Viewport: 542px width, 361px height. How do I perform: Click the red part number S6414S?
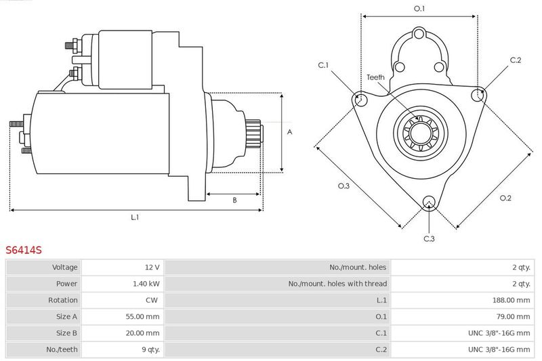click(x=24, y=250)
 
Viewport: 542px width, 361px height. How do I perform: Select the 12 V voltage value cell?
click(x=152, y=268)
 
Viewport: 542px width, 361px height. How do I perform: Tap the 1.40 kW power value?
click(x=147, y=284)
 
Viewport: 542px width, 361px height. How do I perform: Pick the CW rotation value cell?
click(x=152, y=300)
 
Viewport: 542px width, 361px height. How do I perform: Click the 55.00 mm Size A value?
click(x=144, y=316)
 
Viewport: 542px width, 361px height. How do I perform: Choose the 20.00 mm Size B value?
click(x=144, y=333)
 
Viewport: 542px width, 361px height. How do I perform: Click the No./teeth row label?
click(x=63, y=349)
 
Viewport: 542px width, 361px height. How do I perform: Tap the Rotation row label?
click(x=63, y=300)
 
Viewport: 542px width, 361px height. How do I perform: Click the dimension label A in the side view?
click(x=289, y=133)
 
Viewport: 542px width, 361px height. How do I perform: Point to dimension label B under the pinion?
click(x=234, y=200)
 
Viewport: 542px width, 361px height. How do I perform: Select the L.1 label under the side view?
click(x=135, y=217)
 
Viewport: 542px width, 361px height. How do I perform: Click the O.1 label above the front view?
click(x=419, y=8)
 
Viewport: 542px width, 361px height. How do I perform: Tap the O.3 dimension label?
click(x=343, y=186)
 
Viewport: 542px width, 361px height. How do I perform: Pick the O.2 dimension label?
click(x=505, y=198)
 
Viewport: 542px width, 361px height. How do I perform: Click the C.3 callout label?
click(x=429, y=238)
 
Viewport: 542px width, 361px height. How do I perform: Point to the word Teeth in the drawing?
click(x=376, y=77)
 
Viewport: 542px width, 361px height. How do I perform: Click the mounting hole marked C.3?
click(x=428, y=201)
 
